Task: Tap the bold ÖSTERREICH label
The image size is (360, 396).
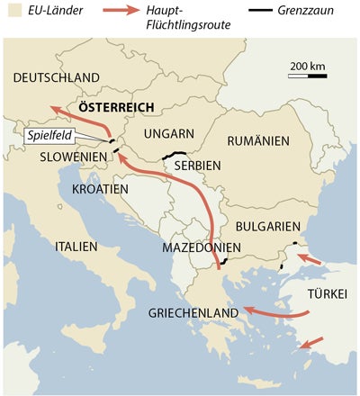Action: [114, 106]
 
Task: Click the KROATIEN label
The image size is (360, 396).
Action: [95, 188]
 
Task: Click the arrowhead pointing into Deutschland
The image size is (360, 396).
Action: [54, 108]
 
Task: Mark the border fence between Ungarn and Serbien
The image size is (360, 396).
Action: [174, 154]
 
